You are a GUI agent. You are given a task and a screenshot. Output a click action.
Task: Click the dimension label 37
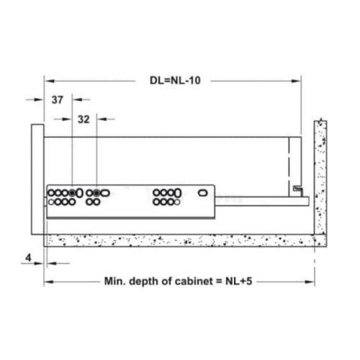(58, 100)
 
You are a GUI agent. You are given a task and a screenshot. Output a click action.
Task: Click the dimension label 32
(84, 120)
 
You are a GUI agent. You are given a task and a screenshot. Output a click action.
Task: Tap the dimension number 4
(28, 258)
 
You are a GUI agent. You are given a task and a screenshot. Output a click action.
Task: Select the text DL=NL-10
(175, 81)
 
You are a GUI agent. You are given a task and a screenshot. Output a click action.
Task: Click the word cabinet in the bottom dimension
(194, 281)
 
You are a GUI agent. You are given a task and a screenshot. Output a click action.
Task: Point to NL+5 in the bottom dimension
(239, 281)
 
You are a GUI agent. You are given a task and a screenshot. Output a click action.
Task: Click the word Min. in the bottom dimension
(115, 281)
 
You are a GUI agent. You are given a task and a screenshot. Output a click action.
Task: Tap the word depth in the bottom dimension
(144, 282)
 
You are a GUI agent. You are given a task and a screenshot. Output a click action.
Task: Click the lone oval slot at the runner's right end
(203, 193)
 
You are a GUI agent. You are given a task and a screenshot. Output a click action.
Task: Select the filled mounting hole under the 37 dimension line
(72, 193)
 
